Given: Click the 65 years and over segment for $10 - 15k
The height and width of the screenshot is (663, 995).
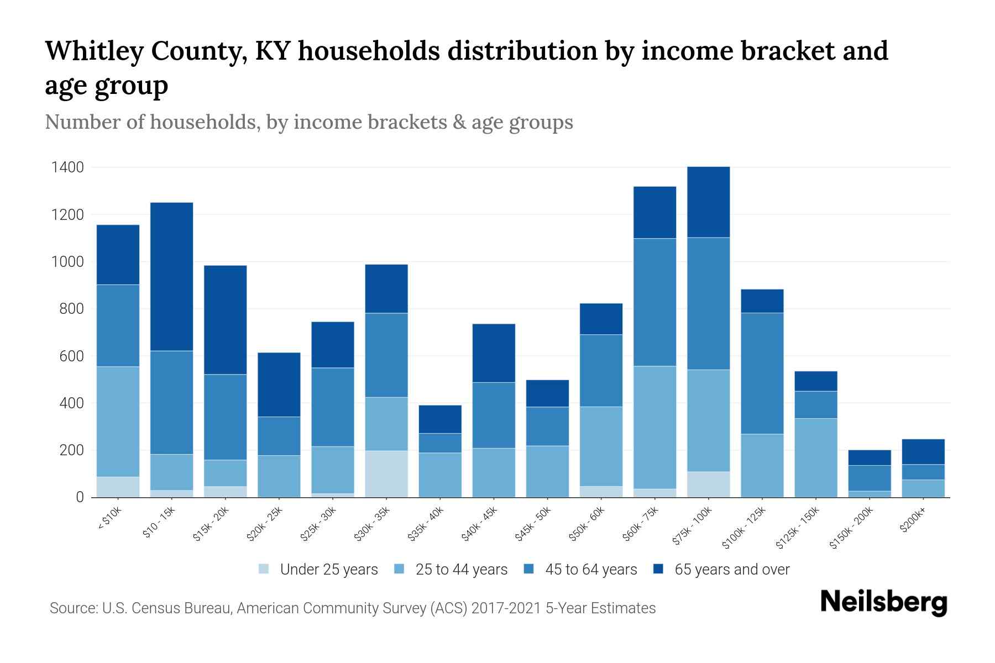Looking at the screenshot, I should [x=171, y=276].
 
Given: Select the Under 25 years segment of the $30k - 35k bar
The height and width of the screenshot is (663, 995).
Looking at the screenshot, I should [x=386, y=473].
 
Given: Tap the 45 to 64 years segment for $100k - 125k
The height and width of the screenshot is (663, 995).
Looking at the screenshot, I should [x=762, y=373].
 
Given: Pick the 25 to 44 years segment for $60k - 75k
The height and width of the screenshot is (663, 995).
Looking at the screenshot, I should [x=655, y=427].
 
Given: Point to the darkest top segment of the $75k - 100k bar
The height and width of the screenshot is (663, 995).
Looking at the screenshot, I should [x=709, y=202].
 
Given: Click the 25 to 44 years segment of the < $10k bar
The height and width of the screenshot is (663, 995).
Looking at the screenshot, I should [x=118, y=421].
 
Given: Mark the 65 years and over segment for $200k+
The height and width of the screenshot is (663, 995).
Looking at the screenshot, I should [x=923, y=451].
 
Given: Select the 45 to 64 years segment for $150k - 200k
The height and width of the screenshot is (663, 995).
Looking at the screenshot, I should [x=870, y=478].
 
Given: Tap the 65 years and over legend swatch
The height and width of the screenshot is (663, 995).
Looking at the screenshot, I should [x=658, y=569].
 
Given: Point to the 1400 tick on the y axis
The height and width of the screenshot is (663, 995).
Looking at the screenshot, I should [x=67, y=167].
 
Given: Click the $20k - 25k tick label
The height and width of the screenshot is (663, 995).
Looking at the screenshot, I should [x=264, y=525].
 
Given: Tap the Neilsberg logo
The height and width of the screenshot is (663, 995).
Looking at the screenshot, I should [x=883, y=602].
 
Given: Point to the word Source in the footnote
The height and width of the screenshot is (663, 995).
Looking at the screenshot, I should [x=73, y=608].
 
